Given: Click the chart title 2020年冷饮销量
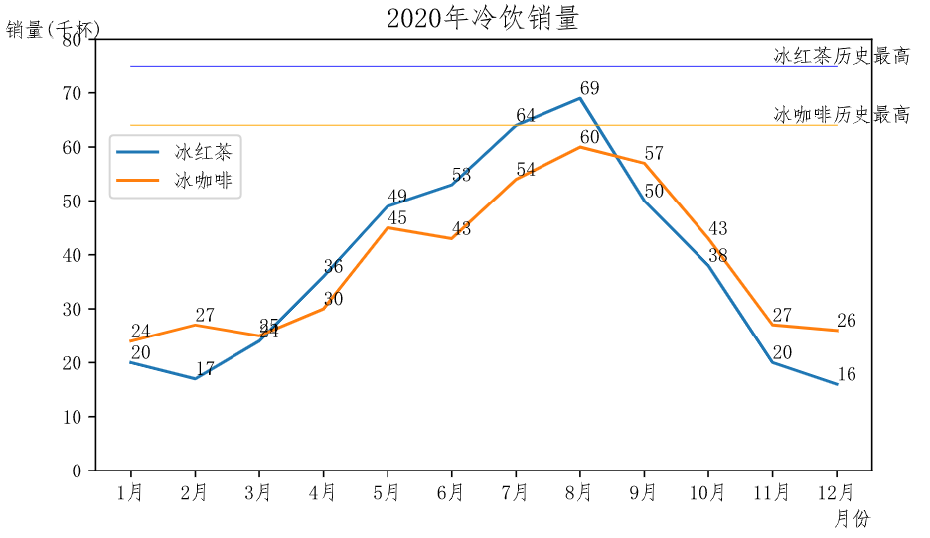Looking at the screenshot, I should click(x=482, y=18).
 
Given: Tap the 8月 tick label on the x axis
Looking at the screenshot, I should click(x=580, y=492).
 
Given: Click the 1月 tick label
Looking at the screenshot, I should click(x=130, y=492).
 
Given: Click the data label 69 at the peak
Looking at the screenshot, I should click(x=589, y=89).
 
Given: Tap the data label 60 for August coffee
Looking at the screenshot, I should click(x=589, y=137).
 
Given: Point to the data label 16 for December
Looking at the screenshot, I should click(x=846, y=375).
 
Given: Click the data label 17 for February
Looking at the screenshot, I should click(x=205, y=369).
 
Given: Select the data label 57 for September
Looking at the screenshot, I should click(x=653, y=154).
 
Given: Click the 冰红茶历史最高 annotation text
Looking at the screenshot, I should click(x=842, y=56).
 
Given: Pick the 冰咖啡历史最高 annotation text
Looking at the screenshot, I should click(x=842, y=115).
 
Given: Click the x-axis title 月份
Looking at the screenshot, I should click(x=851, y=518).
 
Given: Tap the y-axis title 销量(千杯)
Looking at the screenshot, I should click(x=53, y=30).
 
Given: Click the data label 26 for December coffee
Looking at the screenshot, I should click(x=846, y=322).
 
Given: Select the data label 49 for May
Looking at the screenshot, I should click(x=397, y=197).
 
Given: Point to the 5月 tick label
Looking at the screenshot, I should click(x=387, y=492).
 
